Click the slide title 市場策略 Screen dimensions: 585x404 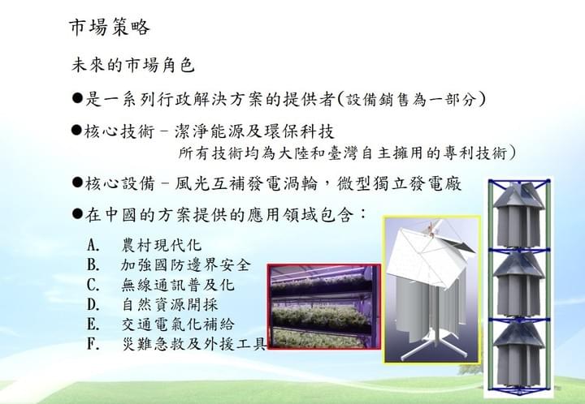point(110,28)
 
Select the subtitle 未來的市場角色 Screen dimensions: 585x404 point(132,65)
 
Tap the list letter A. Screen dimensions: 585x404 point(93,245)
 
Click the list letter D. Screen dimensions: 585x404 point(93,304)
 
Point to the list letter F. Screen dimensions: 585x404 point(93,344)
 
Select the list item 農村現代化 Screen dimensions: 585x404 point(162,245)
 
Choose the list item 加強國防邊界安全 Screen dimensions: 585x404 point(186,264)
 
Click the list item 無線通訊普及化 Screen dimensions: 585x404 point(178,285)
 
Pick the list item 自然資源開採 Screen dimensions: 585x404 point(170,304)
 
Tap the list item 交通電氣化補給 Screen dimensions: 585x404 point(178,324)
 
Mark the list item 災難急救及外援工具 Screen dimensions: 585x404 point(194,344)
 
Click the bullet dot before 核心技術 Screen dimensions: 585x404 point(76,131)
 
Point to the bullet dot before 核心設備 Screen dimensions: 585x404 point(77,183)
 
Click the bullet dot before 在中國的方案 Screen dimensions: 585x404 point(77,213)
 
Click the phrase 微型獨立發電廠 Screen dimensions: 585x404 point(399,183)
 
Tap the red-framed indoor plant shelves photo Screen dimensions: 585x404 point(324,307)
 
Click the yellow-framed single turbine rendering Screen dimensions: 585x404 point(432,290)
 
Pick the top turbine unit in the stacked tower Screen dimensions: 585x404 point(518,216)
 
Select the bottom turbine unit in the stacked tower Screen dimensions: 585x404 point(518,355)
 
